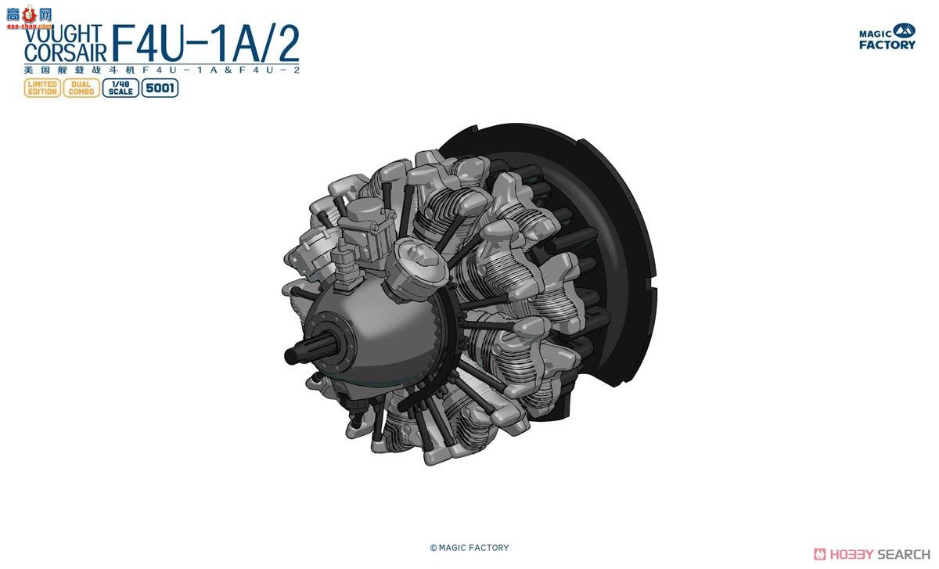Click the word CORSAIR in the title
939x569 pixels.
click(66, 52)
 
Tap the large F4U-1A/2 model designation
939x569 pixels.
click(205, 44)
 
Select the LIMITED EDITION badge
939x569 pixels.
click(41, 88)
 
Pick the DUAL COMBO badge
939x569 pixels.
click(81, 88)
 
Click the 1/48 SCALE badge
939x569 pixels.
click(120, 88)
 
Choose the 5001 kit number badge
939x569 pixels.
click(160, 88)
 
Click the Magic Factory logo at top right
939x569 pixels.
click(887, 37)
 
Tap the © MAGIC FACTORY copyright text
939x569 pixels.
click(469, 548)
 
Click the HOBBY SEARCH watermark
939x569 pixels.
click(872, 554)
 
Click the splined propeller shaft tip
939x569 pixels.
click(293, 355)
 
